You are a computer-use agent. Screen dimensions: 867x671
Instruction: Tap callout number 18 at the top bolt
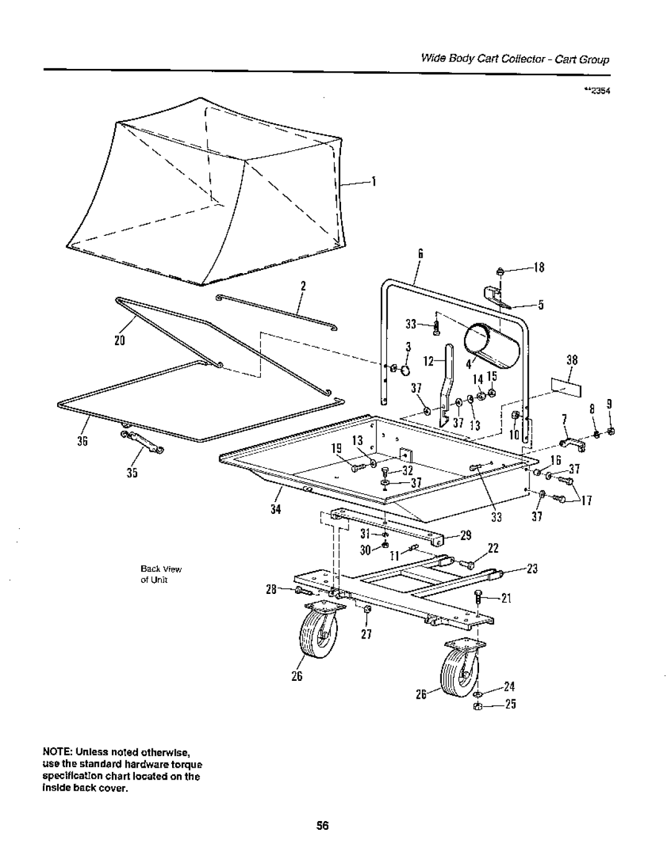click(538, 268)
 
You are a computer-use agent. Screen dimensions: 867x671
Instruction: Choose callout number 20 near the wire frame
click(119, 341)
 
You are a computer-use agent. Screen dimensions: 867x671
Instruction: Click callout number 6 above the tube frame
click(420, 253)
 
